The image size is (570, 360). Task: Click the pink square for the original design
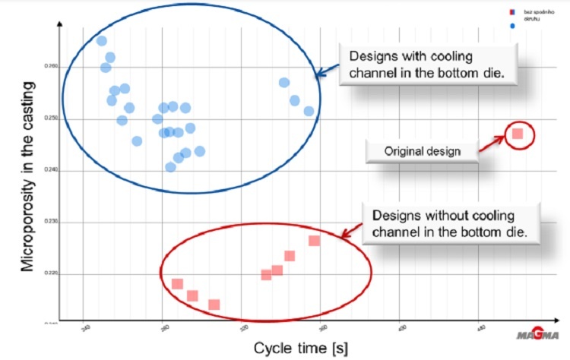tap(518, 134)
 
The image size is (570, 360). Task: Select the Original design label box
tap(422, 151)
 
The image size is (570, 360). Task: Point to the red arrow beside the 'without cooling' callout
tap(351, 232)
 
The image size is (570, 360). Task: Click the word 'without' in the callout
tap(448, 216)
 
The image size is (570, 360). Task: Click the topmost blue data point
tap(102, 41)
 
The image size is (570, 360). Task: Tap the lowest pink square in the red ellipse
tap(214, 305)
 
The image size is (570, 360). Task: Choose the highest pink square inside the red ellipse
tap(314, 241)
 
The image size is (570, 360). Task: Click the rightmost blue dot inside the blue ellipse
tap(309, 111)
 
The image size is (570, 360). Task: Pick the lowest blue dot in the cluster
tap(171, 167)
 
